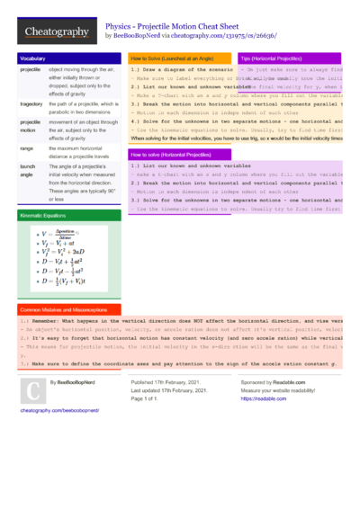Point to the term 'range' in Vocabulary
click(x=26, y=147)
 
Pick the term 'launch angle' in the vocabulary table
click(x=28, y=170)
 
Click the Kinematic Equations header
click(x=44, y=216)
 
